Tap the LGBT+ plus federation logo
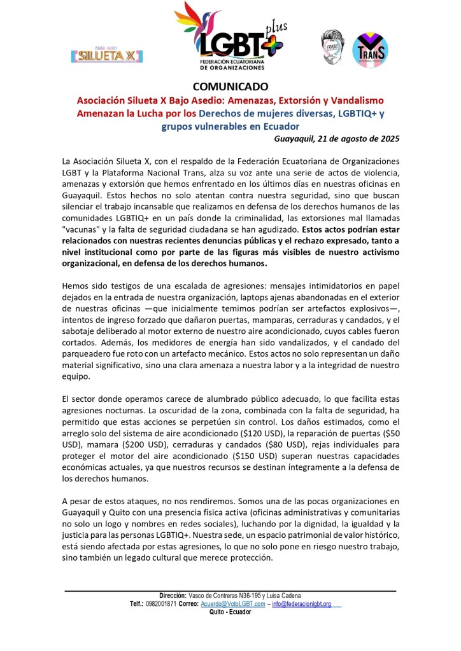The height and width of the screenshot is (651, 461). point(230,36)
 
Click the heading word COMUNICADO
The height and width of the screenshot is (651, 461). point(230,86)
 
